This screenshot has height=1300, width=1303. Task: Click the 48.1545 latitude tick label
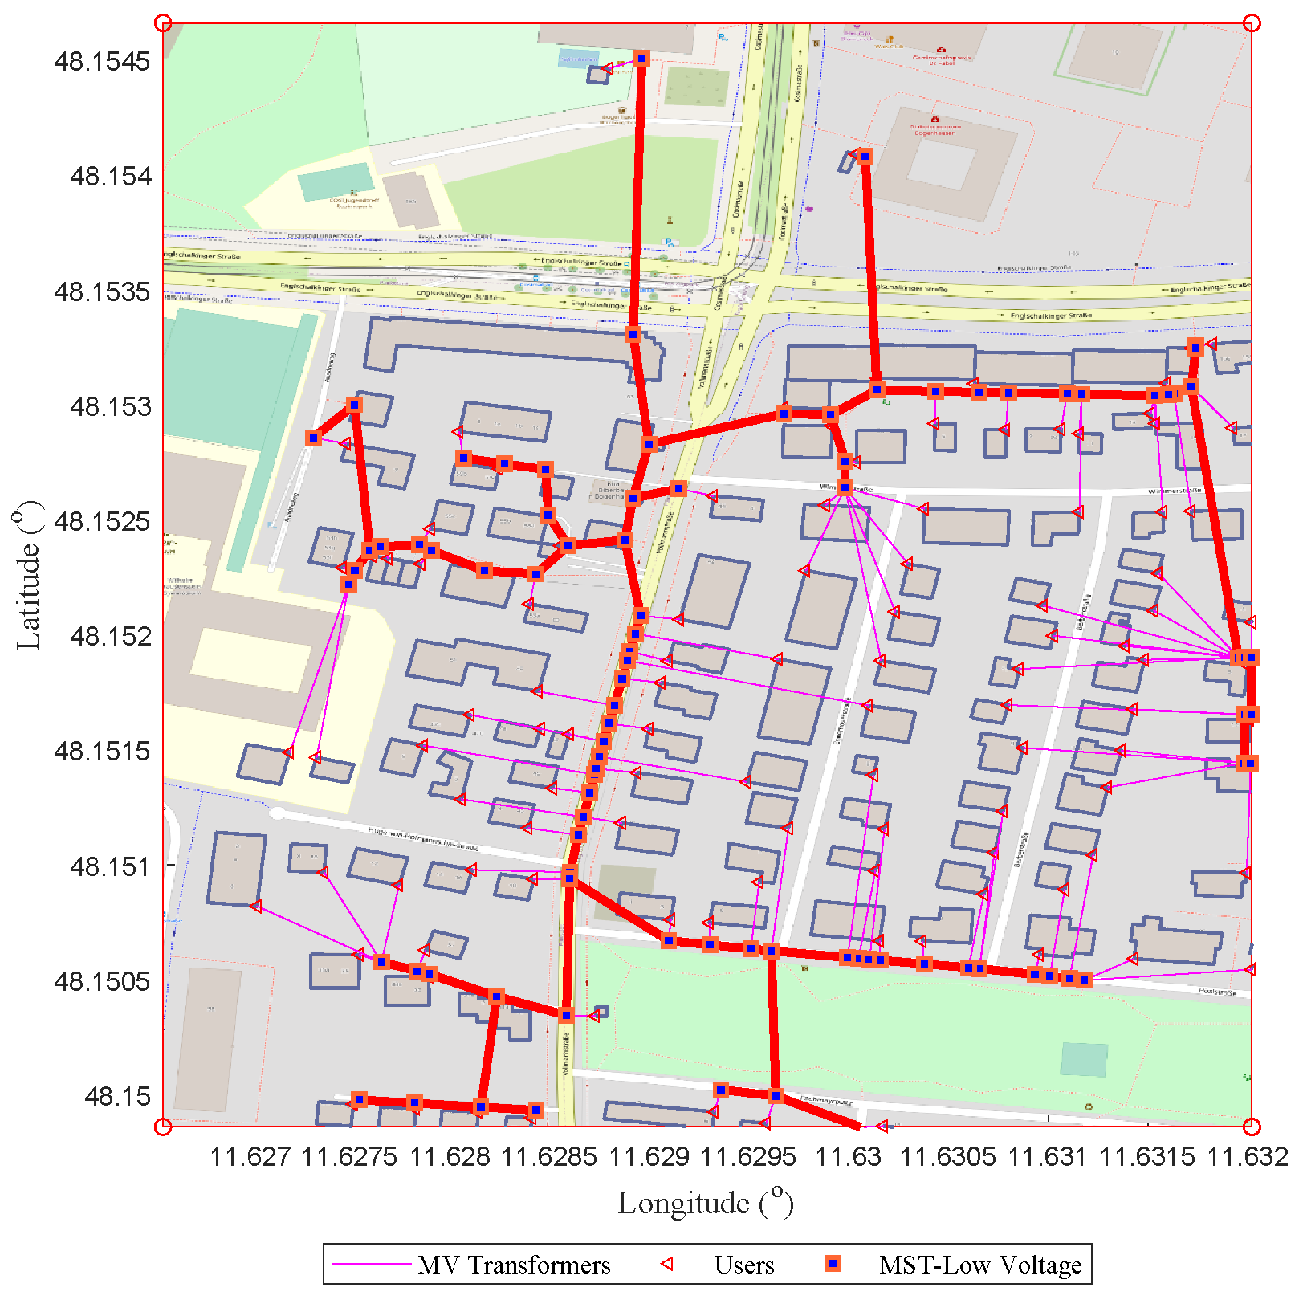pyautogui.click(x=102, y=61)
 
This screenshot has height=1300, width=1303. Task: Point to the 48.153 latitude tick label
pyautogui.click(x=110, y=406)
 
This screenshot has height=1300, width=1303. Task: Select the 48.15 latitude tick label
pyautogui.click(x=117, y=1096)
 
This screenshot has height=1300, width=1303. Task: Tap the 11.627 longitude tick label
pyautogui.click(x=250, y=1156)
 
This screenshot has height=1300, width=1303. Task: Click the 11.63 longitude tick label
pyautogui.click(x=849, y=1156)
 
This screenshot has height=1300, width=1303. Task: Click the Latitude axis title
pyautogui.click(x=29, y=575)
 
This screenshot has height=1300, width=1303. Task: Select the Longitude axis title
pyautogui.click(x=706, y=1203)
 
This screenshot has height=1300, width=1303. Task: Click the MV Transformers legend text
pyautogui.click(x=514, y=1265)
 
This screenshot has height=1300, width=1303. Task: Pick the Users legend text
pyautogui.click(x=744, y=1265)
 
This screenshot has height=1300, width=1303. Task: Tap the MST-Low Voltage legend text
pyautogui.click(x=980, y=1265)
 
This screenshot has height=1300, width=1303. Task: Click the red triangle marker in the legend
pyautogui.click(x=666, y=1265)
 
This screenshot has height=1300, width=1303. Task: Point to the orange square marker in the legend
pyautogui.click(x=833, y=1265)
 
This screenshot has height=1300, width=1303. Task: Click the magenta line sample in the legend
pyautogui.click(x=371, y=1265)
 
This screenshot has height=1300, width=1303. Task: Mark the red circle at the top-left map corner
pyautogui.click(x=163, y=23)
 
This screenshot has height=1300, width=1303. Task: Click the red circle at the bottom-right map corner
pyautogui.click(x=1251, y=1127)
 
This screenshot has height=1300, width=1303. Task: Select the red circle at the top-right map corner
pyautogui.click(x=1251, y=23)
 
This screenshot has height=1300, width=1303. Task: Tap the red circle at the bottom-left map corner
pyautogui.click(x=163, y=1127)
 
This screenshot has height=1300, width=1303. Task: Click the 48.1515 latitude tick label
pyautogui.click(x=102, y=752)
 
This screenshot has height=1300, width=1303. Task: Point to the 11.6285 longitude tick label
pyautogui.click(x=549, y=1156)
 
